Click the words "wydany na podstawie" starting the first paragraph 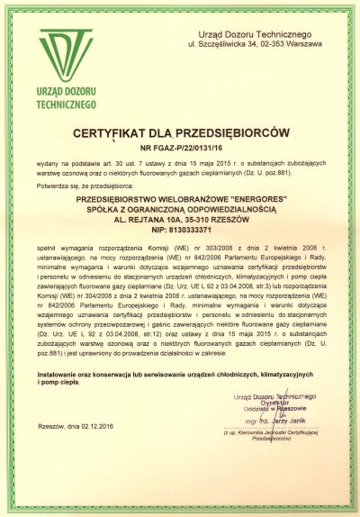63,162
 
